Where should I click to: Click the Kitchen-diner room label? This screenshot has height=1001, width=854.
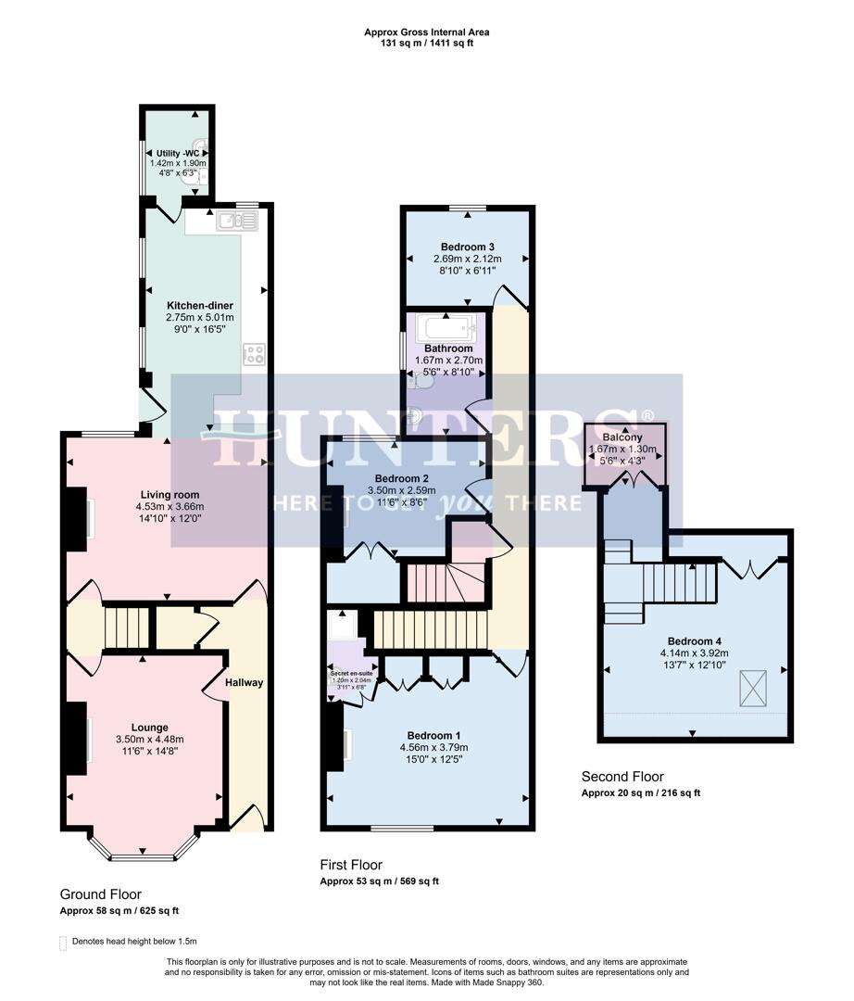[x=199, y=306]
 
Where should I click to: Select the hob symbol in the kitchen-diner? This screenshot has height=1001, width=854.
[x=255, y=354]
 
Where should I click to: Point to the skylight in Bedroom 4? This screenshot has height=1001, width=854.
[x=753, y=687]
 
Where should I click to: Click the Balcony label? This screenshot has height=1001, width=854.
[x=622, y=437]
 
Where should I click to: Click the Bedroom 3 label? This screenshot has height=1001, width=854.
[x=467, y=247]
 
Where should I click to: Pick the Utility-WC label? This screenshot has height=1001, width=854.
[x=178, y=153]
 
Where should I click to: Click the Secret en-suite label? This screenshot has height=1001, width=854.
[x=352, y=672]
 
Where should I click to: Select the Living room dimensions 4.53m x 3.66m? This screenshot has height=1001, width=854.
[x=170, y=507]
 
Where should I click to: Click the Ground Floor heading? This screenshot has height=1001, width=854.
[x=101, y=894]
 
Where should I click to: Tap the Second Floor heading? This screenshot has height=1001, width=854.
[x=622, y=777]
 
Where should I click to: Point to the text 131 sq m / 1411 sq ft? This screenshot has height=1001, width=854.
[x=427, y=44]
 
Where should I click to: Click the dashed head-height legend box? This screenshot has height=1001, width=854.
[x=64, y=942]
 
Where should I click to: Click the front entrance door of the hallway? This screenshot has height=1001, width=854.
[x=247, y=819]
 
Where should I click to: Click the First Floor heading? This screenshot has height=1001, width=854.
[x=351, y=865]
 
